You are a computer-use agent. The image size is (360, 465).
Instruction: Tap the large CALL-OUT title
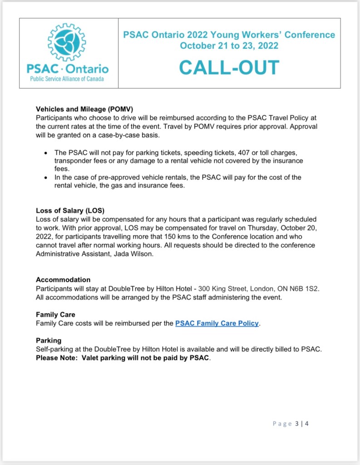coord(229,68)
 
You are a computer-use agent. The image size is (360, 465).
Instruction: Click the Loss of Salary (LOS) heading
coord(70,211)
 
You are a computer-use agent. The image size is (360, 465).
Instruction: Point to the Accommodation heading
coord(63,280)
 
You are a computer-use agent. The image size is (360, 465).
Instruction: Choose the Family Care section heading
coord(55,314)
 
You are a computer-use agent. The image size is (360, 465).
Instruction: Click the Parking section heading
coord(49,340)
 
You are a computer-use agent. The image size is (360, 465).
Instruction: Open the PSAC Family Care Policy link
coord(217,323)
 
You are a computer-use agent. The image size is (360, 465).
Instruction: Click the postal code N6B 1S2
coord(312,289)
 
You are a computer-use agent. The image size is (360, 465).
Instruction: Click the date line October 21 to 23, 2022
coord(229,45)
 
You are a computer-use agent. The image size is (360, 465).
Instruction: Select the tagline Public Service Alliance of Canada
coord(67,79)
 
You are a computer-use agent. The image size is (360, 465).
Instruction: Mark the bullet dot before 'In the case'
coord(45,178)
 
